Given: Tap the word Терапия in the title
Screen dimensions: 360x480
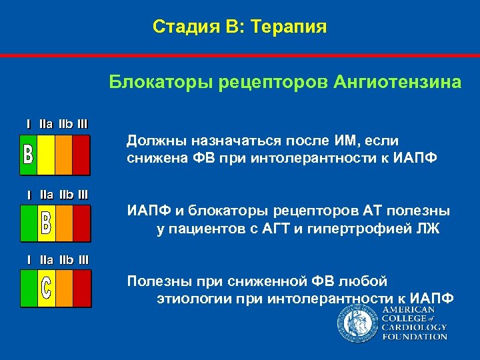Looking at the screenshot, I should (x=291, y=27).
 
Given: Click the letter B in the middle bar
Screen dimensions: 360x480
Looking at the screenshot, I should (x=46, y=223).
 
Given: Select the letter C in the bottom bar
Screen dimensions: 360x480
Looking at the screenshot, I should (x=46, y=288).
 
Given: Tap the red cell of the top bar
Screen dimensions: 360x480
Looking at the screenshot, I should (x=81, y=155).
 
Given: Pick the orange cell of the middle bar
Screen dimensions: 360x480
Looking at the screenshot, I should (x=63, y=223).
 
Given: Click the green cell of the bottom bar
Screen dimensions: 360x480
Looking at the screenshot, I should (x=29, y=288).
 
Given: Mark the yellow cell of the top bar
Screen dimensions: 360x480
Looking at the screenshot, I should (x=46, y=155).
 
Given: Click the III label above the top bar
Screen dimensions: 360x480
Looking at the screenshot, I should (x=82, y=123).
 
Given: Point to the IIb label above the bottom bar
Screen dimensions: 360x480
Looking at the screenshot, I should (x=65, y=258).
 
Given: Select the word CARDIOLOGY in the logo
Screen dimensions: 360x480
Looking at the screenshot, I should (x=413, y=327).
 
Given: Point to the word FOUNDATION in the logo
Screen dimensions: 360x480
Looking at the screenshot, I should (x=414, y=337).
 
